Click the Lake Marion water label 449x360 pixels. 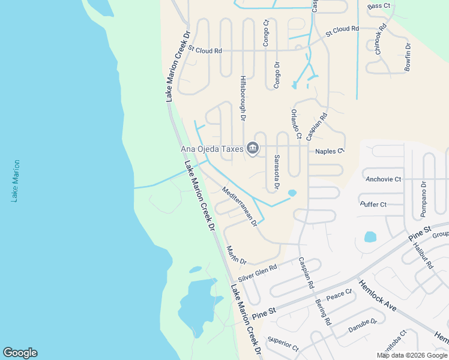click(16, 181)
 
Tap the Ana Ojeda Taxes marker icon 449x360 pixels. click(253, 148)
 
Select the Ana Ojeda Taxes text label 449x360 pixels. click(212, 149)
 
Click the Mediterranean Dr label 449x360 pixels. click(240, 206)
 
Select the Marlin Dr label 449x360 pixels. click(236, 255)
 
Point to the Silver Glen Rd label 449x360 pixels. click(257, 274)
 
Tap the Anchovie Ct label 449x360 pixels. click(383, 179)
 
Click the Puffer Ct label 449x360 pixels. click(373, 205)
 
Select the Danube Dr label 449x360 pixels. click(363, 326)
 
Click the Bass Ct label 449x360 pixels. click(379, 6)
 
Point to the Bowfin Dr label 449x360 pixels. click(408, 58)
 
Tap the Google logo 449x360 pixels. click(20, 353)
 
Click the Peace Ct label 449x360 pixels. click(339, 295)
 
